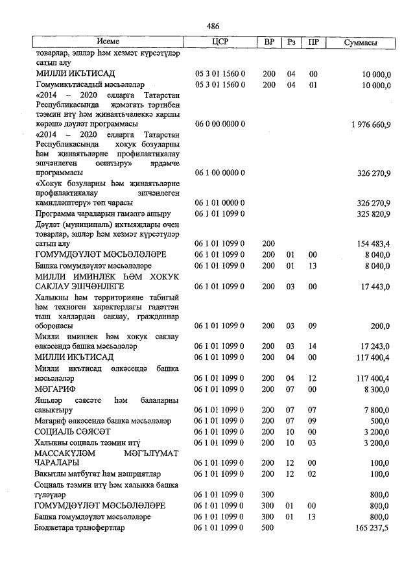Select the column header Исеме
108,42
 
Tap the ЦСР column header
220,42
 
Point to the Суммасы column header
361,42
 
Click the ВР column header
269,42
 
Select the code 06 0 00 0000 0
220,123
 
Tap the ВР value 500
269,528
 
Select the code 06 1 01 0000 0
220,202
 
